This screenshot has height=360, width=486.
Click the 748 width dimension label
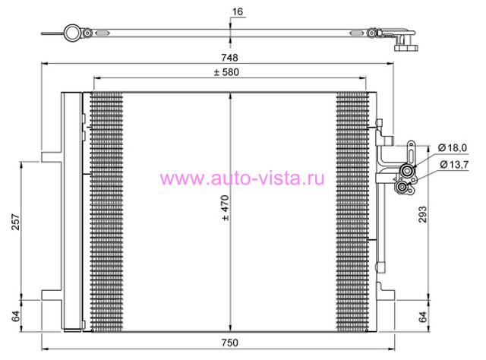[229, 58]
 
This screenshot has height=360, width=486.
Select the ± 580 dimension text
[226, 72]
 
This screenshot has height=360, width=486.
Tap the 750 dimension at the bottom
[229, 343]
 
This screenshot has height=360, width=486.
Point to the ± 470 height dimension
[226, 208]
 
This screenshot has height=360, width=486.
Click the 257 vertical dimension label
[15, 222]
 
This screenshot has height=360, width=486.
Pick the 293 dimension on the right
[423, 214]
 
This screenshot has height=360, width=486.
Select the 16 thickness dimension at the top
[238, 12]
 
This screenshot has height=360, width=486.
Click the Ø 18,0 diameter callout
[453, 148]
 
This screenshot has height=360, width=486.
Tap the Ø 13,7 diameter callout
[454, 164]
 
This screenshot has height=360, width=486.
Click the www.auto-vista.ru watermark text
[242, 178]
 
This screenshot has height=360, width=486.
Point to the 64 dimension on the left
[15, 316]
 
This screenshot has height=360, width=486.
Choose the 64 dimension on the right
[423, 317]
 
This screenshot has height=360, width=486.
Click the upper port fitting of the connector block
[406, 171]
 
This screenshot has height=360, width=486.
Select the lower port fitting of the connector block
[402, 188]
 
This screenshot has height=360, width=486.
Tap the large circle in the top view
[72, 33]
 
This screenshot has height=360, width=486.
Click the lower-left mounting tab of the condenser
[52, 295]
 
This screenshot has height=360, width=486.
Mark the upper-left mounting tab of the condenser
[52, 156]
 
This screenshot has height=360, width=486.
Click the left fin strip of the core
[106, 212]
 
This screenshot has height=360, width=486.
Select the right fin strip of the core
[352, 212]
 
